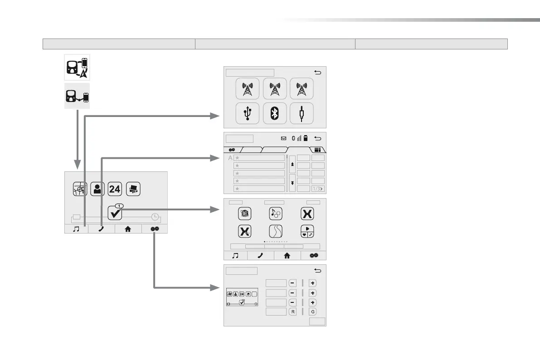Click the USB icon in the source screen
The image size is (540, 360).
pos(248,113)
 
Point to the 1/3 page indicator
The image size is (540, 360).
pos(318,189)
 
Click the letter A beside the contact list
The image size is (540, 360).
pos(230,158)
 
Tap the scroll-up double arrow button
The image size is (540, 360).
pos(292,164)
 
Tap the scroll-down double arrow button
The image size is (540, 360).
pos(292,182)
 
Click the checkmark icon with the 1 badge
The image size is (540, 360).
pos(115,212)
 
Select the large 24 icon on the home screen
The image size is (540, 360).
pos(115,188)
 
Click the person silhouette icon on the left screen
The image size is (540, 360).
pos(97,188)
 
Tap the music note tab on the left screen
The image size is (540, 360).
pos(77,229)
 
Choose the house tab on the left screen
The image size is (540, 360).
pos(128,229)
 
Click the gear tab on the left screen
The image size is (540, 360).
pos(155,229)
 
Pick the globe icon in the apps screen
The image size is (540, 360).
pos(245,214)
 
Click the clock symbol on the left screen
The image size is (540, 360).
pos(155,216)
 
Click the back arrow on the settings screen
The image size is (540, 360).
pos(317,271)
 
